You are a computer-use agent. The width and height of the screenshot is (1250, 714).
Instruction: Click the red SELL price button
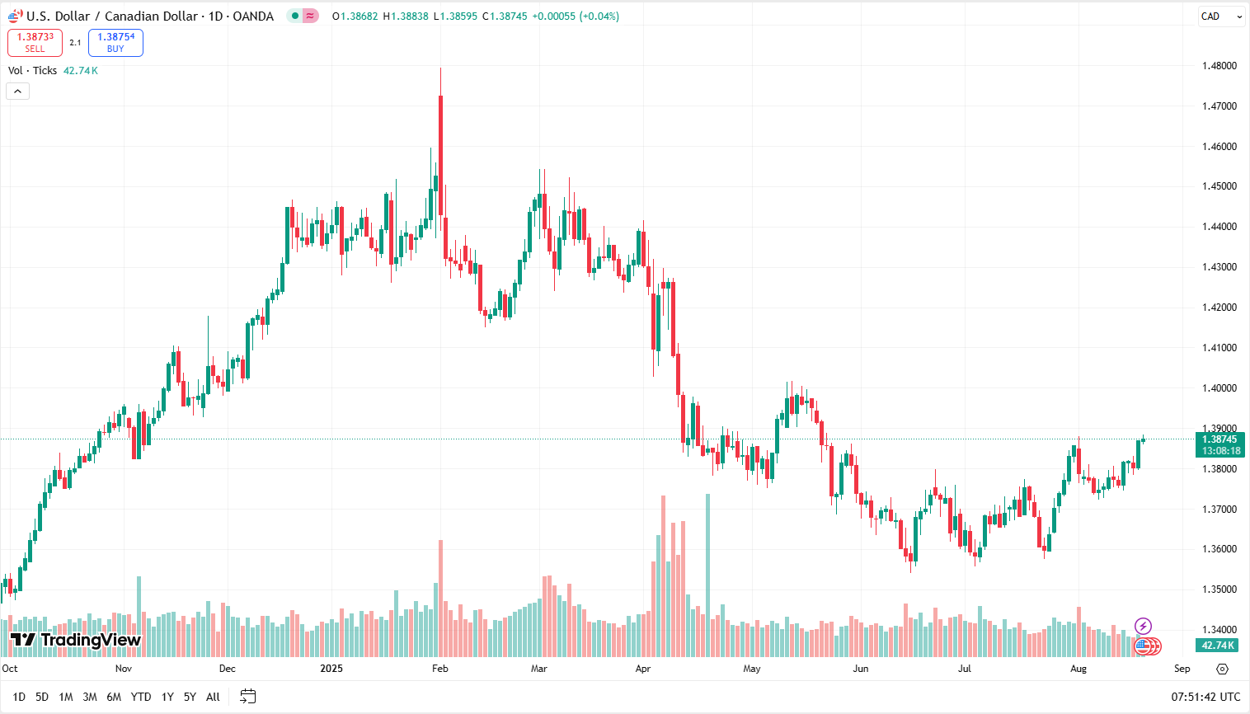coord(35,43)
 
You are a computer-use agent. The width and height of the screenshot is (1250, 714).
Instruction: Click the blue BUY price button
coord(115,43)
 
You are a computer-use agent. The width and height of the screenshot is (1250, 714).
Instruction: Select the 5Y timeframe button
coord(190,697)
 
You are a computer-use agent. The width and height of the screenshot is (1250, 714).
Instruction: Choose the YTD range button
coord(141,697)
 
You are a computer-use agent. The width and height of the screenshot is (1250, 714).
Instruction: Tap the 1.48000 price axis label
coord(1219,66)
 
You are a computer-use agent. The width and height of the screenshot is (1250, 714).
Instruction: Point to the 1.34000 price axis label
coord(1219,630)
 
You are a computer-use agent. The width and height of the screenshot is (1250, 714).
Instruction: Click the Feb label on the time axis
coord(440,669)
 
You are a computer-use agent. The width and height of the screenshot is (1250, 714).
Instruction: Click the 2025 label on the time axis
coord(331,669)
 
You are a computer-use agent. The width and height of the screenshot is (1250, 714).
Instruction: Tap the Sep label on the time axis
coord(1182,669)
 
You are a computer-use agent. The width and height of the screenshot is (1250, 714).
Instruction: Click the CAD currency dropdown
coord(1220,16)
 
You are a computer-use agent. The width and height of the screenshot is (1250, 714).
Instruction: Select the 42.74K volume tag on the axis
coord(1218,646)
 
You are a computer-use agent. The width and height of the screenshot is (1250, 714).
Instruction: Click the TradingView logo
coord(76,640)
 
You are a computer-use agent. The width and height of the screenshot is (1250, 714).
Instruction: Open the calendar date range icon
coord(248,697)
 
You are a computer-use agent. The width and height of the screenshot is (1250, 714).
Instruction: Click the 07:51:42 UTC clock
coord(1205,697)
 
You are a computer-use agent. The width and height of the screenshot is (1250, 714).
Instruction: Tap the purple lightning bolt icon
coord(1143,627)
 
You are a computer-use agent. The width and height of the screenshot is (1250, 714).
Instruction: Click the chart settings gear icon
coord(1222,669)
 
